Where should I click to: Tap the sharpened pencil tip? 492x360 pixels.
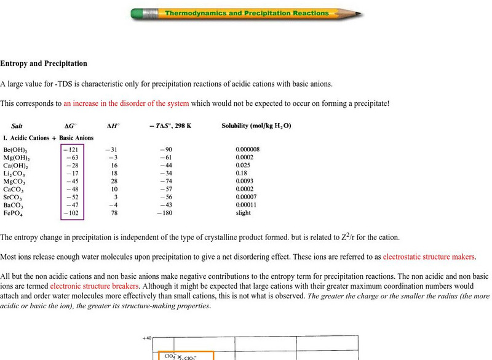tap(359, 14)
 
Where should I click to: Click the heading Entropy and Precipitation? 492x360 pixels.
tap(44, 63)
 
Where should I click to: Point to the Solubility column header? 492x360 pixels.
tap(256, 126)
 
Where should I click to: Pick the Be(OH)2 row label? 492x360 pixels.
tap(15, 150)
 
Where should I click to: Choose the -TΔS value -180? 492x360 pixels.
tap(164, 213)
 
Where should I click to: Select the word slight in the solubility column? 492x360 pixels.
tap(244, 213)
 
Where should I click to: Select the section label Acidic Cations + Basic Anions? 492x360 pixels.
tap(49, 138)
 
